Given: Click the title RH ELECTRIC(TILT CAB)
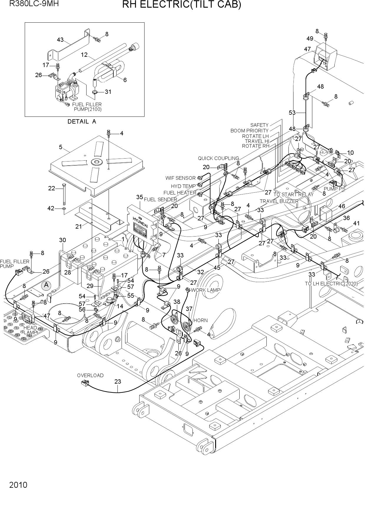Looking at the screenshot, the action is click(182, 5).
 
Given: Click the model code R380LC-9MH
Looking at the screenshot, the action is click(34, 4).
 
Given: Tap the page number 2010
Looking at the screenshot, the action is click(18, 485).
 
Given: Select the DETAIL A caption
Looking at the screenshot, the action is click(82, 121).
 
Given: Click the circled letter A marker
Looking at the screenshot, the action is click(46, 285).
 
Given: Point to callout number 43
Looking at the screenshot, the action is click(60, 40).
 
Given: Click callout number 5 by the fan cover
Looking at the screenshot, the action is click(61, 147).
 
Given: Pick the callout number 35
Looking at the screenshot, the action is click(140, 197).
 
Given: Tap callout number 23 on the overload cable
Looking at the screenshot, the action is click(118, 382).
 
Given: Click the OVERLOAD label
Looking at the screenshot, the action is click(90, 375).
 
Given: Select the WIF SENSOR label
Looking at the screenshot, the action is click(180, 178).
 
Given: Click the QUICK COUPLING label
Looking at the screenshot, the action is click(218, 159).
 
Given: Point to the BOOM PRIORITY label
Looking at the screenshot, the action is click(250, 131).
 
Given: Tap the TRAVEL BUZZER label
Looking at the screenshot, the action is click(279, 201).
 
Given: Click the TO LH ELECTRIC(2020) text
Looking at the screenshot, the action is click(331, 284).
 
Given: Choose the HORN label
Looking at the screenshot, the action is click(200, 320).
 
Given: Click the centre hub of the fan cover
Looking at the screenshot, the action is click(97, 162).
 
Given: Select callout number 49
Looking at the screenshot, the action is click(310, 39).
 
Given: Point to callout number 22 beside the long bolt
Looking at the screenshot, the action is click(52, 188).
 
